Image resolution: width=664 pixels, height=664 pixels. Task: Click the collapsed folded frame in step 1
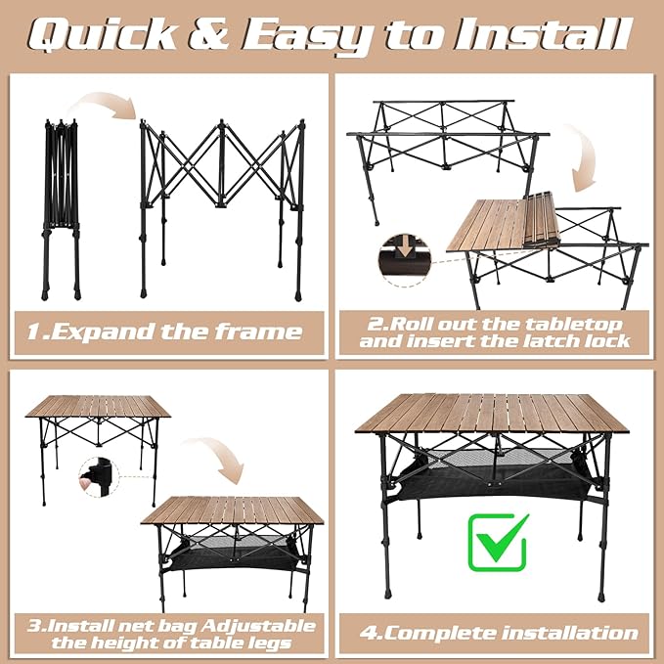click(62, 205)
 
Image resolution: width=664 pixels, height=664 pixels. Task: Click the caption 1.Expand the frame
click(164, 332)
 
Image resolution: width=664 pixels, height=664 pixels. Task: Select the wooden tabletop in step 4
click(492, 412)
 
